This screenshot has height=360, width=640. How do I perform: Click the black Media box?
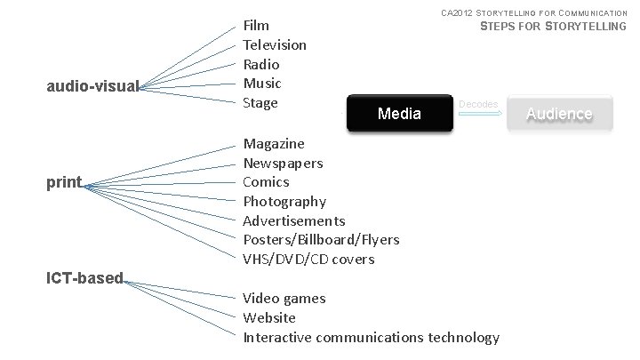399,113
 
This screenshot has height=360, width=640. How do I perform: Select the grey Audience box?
559,113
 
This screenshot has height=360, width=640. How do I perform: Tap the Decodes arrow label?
478,104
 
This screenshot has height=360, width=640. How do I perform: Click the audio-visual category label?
92,86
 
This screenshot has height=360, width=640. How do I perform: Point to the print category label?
63,182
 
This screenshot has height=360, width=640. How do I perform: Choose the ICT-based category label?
84,278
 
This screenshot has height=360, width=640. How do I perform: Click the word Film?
256,25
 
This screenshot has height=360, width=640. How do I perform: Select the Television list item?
275,44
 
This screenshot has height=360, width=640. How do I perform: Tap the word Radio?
261,64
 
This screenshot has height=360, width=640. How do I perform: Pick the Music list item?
262,84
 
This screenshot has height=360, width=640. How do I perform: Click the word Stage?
260,103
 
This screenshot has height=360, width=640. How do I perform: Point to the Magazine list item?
274,143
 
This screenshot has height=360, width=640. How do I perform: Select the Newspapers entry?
283,163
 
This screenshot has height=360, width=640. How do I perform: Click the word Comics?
266,181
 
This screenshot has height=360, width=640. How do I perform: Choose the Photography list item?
284,201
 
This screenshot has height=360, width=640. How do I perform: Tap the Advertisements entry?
294,220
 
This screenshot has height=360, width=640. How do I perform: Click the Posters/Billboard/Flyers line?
321,240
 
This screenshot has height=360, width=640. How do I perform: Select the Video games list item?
284,299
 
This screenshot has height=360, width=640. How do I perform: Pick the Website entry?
269,317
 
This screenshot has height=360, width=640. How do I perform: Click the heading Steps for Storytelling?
553,27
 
